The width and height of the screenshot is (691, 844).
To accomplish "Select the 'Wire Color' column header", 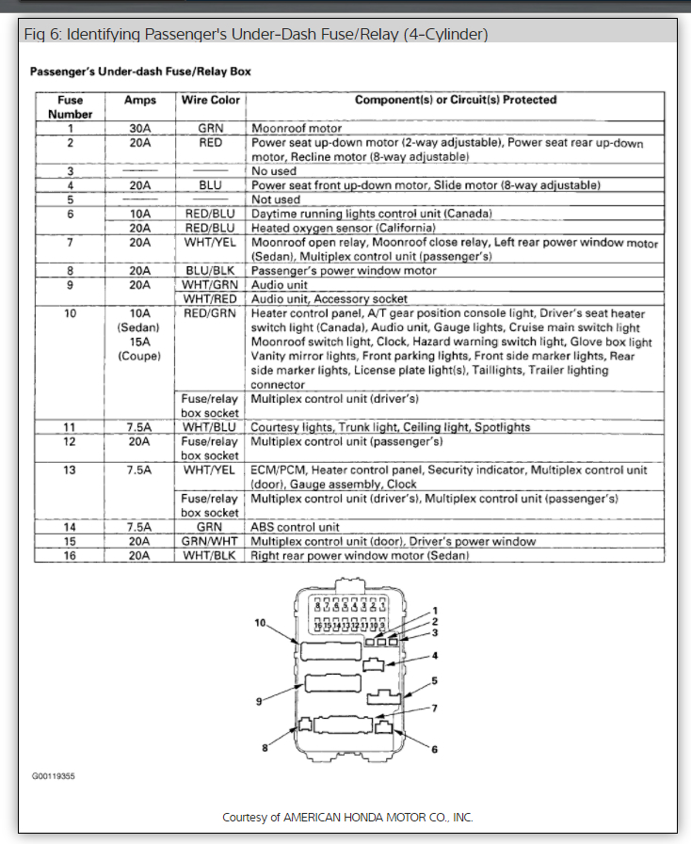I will coord(211,100).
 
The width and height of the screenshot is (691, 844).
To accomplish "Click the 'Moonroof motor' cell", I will coord(297,127).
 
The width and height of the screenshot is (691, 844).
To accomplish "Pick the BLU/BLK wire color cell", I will coord(211,271).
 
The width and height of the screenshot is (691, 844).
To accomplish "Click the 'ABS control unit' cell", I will coord(296,528).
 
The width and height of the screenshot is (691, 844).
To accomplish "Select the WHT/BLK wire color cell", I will coord(211,556).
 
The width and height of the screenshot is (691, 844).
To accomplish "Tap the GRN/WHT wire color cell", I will coord(211,542).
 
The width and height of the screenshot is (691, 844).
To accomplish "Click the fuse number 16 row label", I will coord(69,556).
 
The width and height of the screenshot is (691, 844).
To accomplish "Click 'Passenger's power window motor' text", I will coord(344,271).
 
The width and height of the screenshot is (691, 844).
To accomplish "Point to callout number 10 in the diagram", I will coord(260,623).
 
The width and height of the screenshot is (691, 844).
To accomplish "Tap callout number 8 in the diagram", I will coord(265,748).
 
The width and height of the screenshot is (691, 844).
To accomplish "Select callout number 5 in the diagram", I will coord(434,680).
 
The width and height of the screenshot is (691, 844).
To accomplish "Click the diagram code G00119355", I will coord(54,777).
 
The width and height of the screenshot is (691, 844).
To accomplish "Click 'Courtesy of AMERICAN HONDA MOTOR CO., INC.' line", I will coord(347,818).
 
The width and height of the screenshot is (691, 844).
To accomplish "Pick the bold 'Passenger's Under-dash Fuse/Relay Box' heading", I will coord(140,72).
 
